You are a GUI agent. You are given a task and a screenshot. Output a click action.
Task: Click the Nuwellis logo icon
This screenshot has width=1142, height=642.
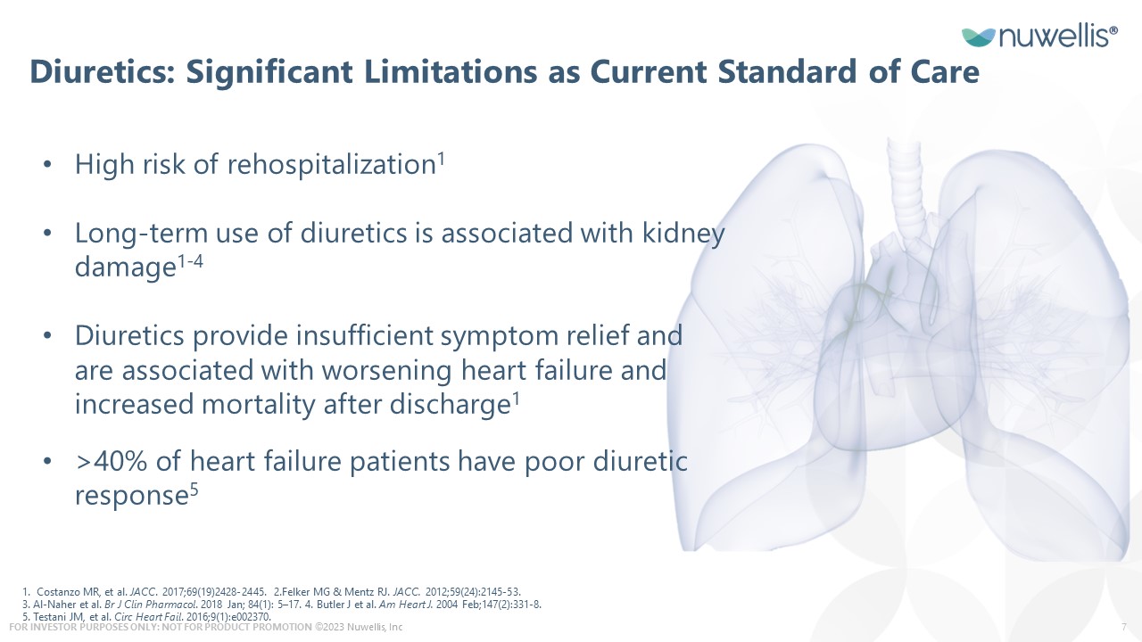pos(979,37)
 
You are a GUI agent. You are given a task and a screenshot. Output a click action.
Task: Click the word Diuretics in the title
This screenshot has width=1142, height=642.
pos(103,71)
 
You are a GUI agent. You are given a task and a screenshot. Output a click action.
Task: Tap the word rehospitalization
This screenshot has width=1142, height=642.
pos(331,165)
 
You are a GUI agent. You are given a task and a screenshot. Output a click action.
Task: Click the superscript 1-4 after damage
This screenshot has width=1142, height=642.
pos(190,262)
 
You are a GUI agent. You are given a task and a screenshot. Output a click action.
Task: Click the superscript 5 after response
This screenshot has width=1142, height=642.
pos(194,490)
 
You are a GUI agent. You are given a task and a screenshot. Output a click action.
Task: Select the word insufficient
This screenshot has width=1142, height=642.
pos(364,336)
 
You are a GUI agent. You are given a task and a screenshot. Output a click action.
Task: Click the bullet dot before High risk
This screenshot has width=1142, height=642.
pos(47,165)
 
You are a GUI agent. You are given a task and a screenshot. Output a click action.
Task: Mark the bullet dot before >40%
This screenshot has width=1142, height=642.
pos(47,461)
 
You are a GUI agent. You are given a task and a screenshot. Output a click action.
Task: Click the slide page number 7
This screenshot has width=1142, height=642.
pos(1124,627)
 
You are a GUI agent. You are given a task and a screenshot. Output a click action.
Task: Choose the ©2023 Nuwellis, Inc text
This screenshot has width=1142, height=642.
pos(359,627)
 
